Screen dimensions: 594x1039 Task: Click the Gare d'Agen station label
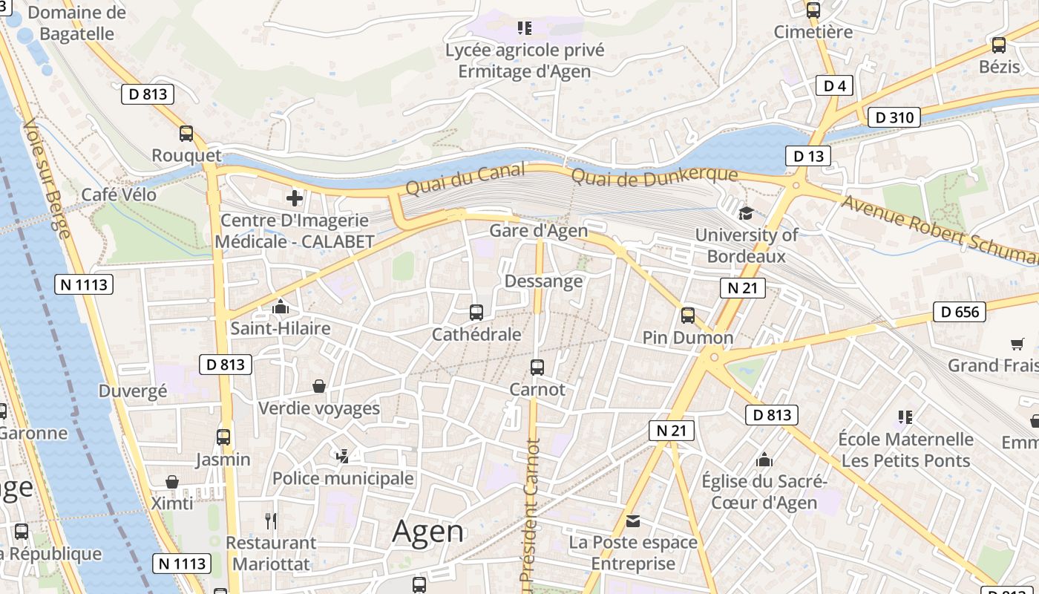coord(538,230)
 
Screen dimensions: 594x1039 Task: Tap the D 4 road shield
coord(835,85)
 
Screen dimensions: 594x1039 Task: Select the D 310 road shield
coord(894,117)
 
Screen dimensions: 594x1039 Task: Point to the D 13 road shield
coord(808,156)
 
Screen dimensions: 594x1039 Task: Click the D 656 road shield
coord(959,312)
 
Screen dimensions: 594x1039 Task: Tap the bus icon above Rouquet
coord(186,134)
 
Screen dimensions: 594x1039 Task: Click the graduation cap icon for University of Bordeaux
coord(746,214)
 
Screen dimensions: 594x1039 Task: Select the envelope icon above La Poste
coord(633,520)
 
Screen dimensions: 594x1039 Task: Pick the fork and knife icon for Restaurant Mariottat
coord(271,521)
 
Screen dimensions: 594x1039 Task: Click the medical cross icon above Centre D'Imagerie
coord(295,198)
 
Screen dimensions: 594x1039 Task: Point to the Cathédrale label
coord(476,335)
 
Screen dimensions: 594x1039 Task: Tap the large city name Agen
coord(428,531)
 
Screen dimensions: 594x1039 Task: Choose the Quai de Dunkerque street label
coord(655,176)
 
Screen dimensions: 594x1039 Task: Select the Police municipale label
coord(343,478)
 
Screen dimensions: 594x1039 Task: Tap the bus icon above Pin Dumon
coord(688,316)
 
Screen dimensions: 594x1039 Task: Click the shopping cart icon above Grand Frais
coord(1017,344)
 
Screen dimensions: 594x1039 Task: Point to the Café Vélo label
coord(119,195)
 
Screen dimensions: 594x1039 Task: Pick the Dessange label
coord(543,281)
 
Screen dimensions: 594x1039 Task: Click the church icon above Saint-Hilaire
coord(281,306)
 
